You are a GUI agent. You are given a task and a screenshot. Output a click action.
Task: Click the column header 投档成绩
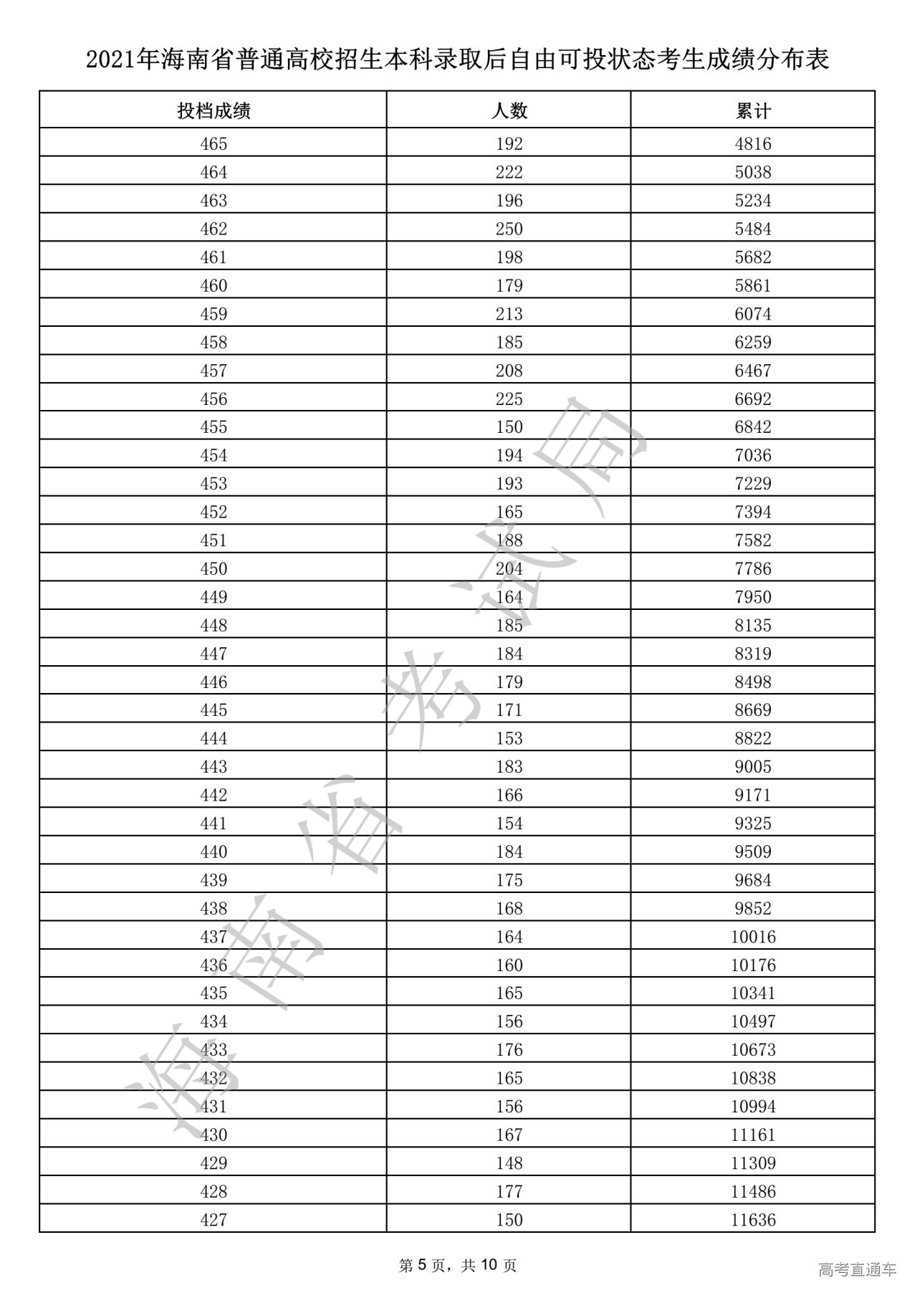[213, 111]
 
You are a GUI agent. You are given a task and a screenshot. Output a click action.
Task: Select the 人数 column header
[509, 111]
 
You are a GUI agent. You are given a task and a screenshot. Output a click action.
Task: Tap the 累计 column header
[753, 111]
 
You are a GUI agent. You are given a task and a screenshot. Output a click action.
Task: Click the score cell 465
[213, 144]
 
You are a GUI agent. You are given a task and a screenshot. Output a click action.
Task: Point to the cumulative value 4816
[753, 144]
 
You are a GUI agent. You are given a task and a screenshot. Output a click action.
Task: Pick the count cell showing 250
[509, 229]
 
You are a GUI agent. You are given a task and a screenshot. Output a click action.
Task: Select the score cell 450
[213, 569]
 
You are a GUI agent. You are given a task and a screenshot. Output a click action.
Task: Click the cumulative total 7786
[753, 569]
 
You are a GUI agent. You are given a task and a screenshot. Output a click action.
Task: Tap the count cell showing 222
[509, 173]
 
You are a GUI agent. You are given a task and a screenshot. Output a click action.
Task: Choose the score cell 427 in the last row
[213, 1220]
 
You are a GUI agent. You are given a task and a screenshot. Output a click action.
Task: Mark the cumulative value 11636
[753, 1220]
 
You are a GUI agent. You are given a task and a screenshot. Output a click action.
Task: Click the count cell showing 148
[509, 1163]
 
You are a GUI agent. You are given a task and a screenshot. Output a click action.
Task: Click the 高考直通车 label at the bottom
[857, 1270]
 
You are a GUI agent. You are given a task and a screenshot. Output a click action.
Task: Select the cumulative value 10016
[753, 937]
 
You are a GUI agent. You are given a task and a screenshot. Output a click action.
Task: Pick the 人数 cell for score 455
[509, 427]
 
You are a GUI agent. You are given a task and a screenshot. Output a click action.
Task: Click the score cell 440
[213, 852]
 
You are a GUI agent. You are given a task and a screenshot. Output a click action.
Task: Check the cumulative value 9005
[753, 767]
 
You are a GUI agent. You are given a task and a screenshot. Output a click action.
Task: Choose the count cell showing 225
[509, 399]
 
